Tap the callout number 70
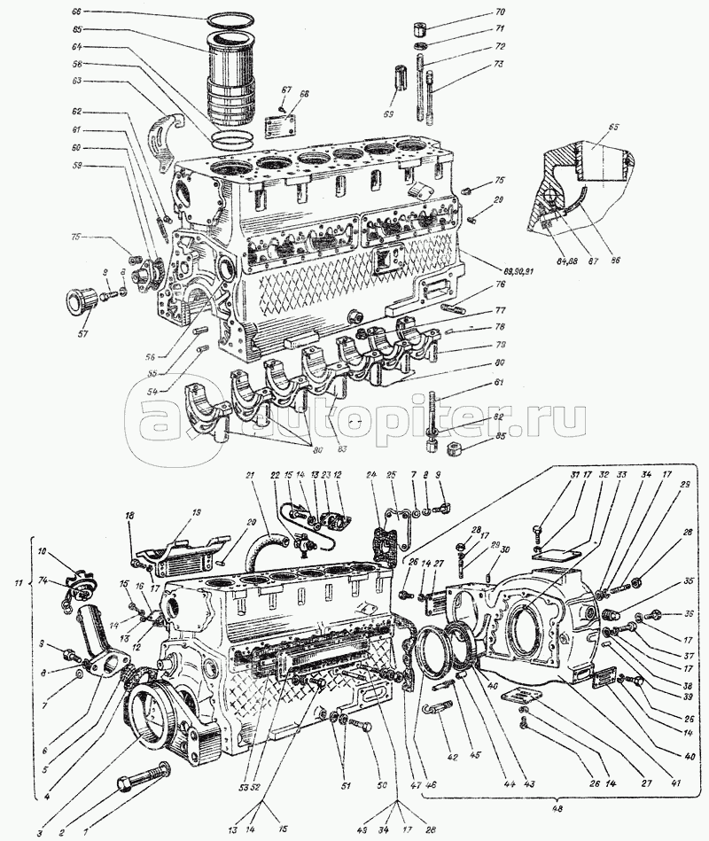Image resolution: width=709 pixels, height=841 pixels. click(x=500, y=12)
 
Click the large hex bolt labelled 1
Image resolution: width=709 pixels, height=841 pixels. click(x=142, y=780)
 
